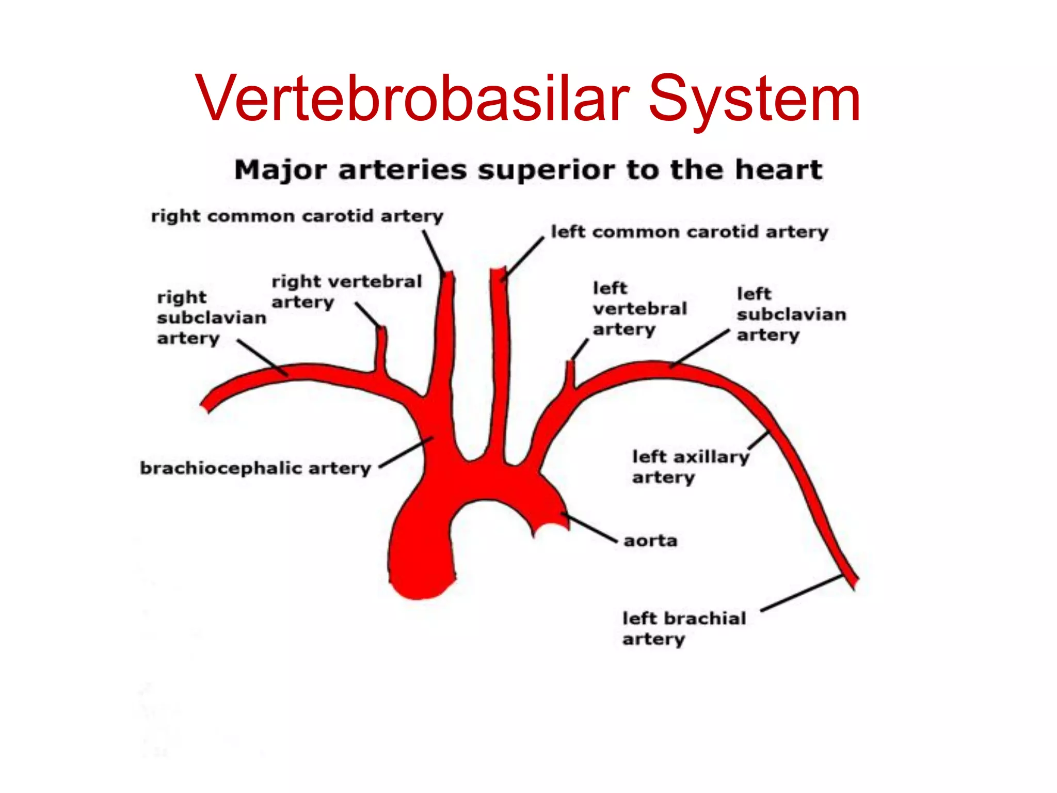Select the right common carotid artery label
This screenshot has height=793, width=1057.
297,216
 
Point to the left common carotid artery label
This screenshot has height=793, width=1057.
689,232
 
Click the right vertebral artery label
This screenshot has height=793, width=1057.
346,292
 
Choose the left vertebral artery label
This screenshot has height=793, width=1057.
639,309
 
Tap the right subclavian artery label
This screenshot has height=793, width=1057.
211,318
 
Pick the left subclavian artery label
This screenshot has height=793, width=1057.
791,314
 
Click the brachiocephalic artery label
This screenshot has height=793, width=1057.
255,468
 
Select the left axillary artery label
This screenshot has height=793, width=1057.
690,467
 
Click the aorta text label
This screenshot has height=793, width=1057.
650,541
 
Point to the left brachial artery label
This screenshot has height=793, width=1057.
683,628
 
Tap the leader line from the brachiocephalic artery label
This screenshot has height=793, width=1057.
406,452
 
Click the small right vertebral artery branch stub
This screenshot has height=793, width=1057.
381,349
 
